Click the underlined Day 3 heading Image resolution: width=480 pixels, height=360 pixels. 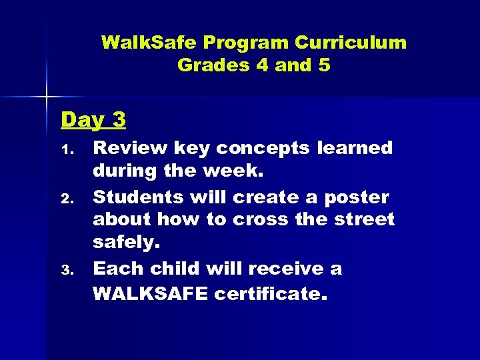[x=93, y=119]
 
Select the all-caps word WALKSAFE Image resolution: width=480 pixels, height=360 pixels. [x=151, y=293]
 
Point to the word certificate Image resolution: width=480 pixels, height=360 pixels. [x=271, y=293]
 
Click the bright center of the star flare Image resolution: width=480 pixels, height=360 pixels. [x=46, y=98]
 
